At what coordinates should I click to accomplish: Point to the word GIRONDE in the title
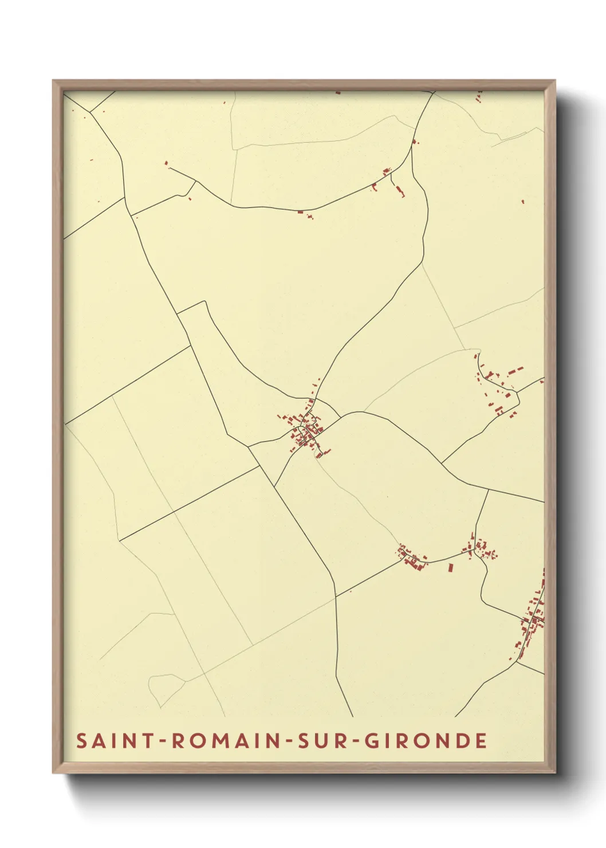(426, 741)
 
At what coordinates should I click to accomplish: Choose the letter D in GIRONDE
(461, 741)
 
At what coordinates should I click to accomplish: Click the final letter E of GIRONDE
(481, 741)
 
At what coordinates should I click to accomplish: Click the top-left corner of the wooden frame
(54, 81)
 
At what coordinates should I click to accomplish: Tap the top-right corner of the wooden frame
(554, 81)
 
